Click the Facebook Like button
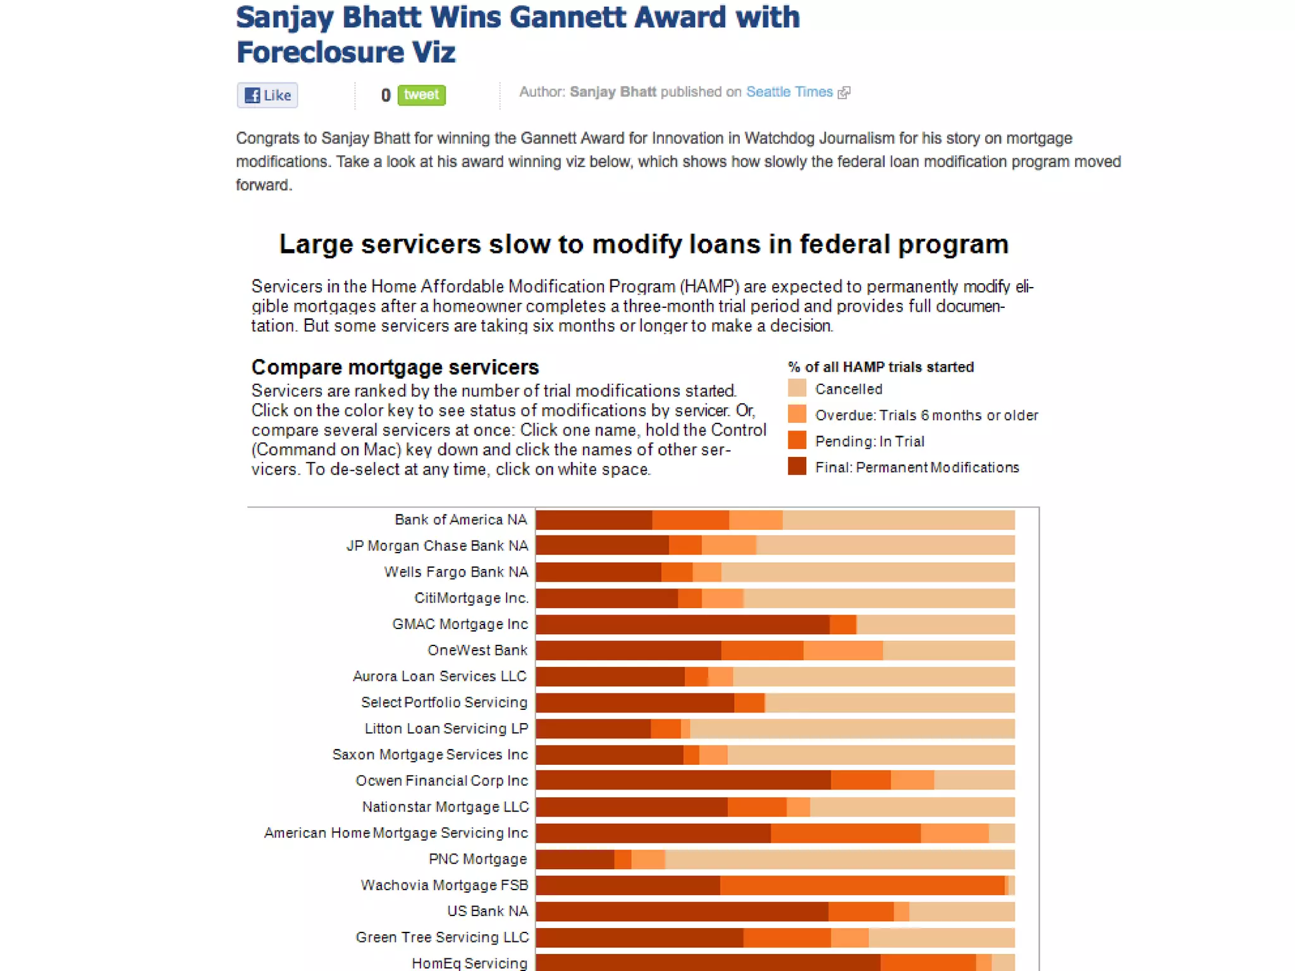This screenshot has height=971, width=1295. click(x=267, y=95)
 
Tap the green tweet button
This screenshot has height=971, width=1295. click(x=421, y=95)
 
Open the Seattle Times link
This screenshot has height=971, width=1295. click(x=789, y=92)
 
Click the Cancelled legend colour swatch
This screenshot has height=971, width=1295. click(x=797, y=388)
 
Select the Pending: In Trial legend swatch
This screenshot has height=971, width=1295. click(x=797, y=441)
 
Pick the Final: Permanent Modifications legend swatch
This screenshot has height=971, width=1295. click(x=797, y=467)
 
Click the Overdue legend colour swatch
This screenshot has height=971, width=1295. click(x=797, y=414)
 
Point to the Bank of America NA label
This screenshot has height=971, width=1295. click(x=460, y=520)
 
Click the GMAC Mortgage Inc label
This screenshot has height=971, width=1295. click(x=460, y=624)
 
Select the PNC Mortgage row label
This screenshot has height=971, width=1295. click(x=477, y=859)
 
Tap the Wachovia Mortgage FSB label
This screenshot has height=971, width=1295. click(x=444, y=885)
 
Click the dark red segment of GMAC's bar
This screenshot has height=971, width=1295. click(x=682, y=625)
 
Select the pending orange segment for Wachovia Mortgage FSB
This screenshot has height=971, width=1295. click(x=861, y=885)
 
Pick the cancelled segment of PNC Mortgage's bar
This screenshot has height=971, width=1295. click(x=839, y=859)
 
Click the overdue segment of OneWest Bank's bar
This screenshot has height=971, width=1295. click(x=842, y=650)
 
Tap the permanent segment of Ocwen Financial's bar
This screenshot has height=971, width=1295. click(x=683, y=781)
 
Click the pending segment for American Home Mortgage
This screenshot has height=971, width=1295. click(x=845, y=833)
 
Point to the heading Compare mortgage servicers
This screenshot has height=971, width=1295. click(x=395, y=367)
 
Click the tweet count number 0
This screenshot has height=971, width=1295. click(x=386, y=95)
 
